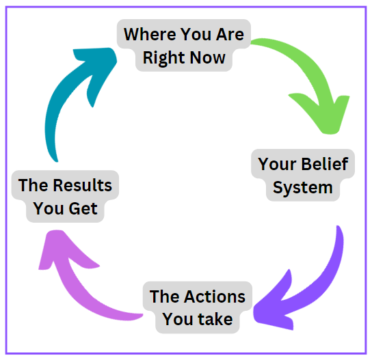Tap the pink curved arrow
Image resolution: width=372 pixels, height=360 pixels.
point(71,284)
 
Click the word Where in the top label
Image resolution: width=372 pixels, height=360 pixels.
point(150,34)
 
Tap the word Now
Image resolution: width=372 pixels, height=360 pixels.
point(208,57)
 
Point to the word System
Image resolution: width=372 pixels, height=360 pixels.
point(302,188)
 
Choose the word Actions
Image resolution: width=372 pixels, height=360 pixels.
point(215,296)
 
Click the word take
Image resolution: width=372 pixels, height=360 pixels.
point(215,319)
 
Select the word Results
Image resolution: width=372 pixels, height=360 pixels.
point(82,185)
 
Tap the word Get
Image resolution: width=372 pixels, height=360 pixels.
point(83,208)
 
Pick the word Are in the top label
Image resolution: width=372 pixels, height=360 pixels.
point(230,34)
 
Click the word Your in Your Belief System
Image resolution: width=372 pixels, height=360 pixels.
point(277,164)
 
